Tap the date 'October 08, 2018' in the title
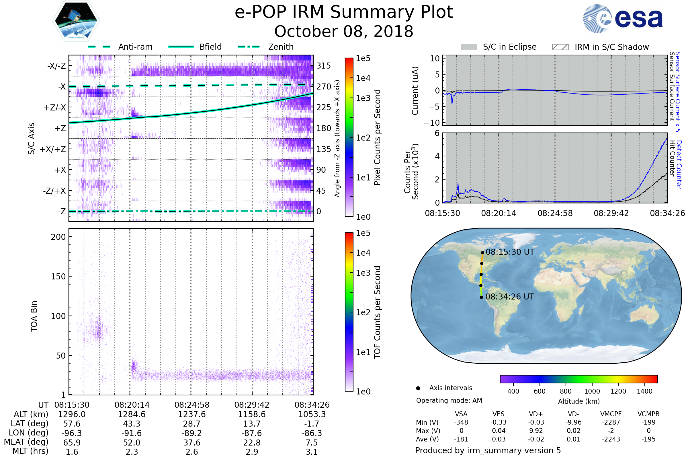pyautogui.click(x=344, y=31)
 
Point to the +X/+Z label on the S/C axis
pyautogui.click(x=53, y=149)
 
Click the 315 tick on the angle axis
pyautogui.click(x=323, y=66)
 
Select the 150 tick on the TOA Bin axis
pyautogui.click(x=58, y=277)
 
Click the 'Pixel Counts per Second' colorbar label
pyautogui.click(x=377, y=137)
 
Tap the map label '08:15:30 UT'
pyautogui.click(x=510, y=252)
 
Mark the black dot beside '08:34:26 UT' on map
pyautogui.click(x=482, y=297)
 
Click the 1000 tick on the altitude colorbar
pyautogui.click(x=592, y=391)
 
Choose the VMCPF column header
pyautogui.click(x=611, y=414)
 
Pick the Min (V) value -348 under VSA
pyautogui.click(x=461, y=422)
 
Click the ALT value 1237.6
pyautogui.click(x=192, y=415)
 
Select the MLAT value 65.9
pyautogui.click(x=72, y=443)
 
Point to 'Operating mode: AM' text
pyautogui.click(x=449, y=400)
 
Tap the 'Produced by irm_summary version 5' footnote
pyautogui.click(x=488, y=450)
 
